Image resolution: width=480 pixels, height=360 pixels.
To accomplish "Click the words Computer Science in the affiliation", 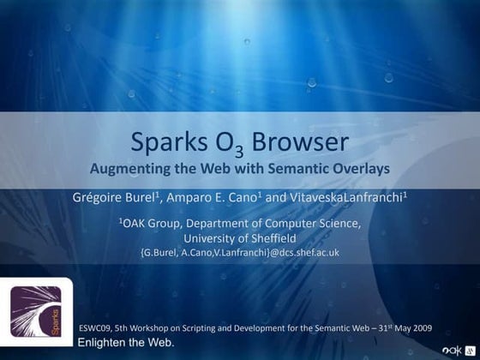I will coord(318,224).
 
